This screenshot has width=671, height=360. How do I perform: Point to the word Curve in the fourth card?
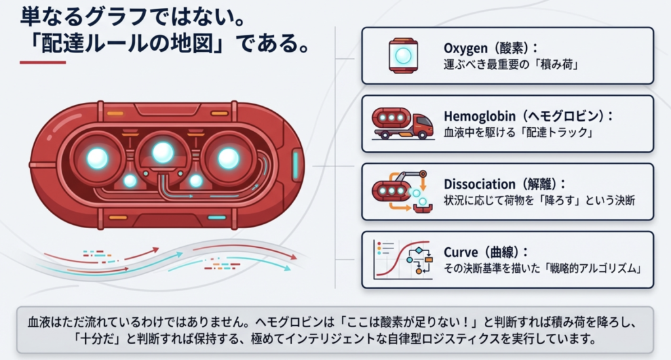point(461,252)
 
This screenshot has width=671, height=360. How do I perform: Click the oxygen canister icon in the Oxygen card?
point(404,55)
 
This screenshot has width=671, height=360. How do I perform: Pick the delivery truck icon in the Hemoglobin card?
point(402,123)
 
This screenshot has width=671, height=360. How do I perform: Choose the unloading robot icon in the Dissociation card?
point(401,191)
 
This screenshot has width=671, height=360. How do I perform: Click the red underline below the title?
point(43,63)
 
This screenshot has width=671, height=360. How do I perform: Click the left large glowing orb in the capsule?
point(98,157)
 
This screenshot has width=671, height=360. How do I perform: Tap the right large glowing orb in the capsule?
point(228,157)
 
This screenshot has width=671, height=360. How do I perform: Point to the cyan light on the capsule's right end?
point(296,163)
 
